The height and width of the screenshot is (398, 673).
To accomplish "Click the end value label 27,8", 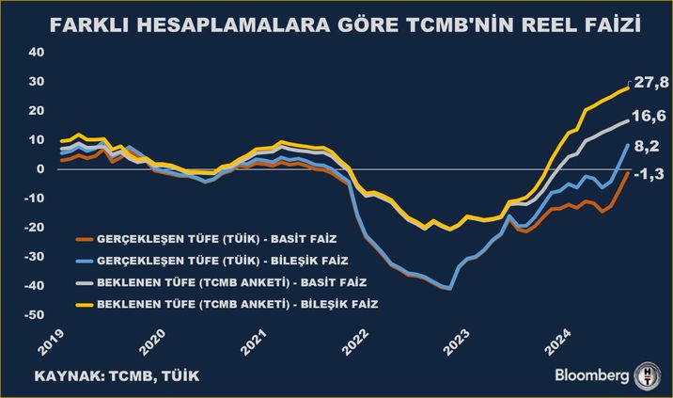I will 650,84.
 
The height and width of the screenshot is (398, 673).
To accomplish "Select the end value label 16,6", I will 650,116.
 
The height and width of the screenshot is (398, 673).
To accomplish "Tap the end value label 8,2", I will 648,146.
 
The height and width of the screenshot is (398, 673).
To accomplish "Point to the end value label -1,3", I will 649,174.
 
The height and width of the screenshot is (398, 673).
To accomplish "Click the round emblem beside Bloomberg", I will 648,374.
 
